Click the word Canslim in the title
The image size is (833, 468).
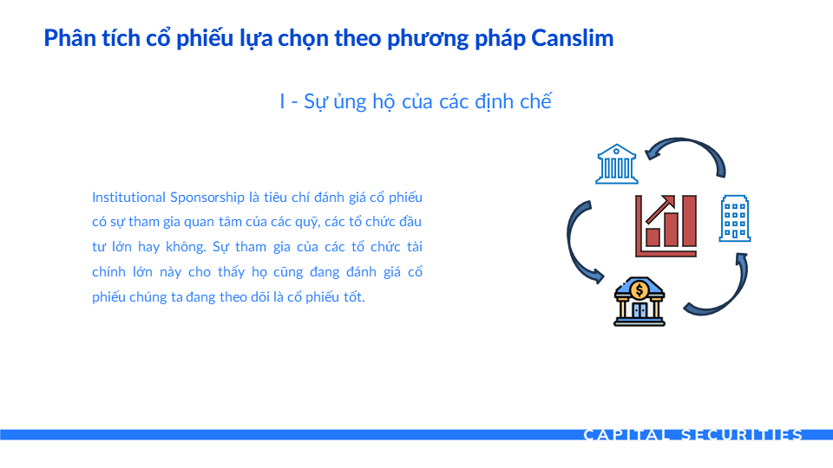(x=572, y=38)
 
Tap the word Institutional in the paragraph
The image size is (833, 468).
(x=128, y=198)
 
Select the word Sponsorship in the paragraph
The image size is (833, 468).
(x=207, y=198)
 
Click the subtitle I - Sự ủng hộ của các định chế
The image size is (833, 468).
(x=416, y=101)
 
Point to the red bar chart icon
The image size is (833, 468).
(x=666, y=225)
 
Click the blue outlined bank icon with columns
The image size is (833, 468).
(x=616, y=164)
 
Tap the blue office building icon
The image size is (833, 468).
(x=735, y=218)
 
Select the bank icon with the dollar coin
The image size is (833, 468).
(x=640, y=302)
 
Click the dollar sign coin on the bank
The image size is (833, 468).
(x=640, y=289)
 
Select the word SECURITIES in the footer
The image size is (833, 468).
(x=742, y=435)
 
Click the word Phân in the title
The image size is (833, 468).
(x=65, y=38)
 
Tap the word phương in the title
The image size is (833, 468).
(x=428, y=39)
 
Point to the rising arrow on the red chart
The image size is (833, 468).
(x=660, y=209)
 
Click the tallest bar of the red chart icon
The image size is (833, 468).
(x=689, y=221)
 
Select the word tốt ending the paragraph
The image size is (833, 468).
(x=353, y=296)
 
